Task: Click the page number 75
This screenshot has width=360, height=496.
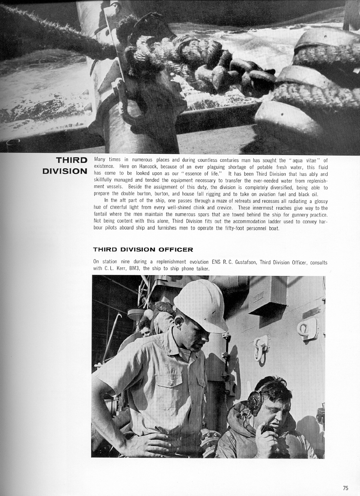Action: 346,487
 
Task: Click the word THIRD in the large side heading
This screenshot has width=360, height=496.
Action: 71,160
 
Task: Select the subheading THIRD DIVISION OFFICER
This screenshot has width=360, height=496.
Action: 143,249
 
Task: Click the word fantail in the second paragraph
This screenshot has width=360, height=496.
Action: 102,215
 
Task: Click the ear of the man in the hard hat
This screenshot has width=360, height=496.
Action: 179,322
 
